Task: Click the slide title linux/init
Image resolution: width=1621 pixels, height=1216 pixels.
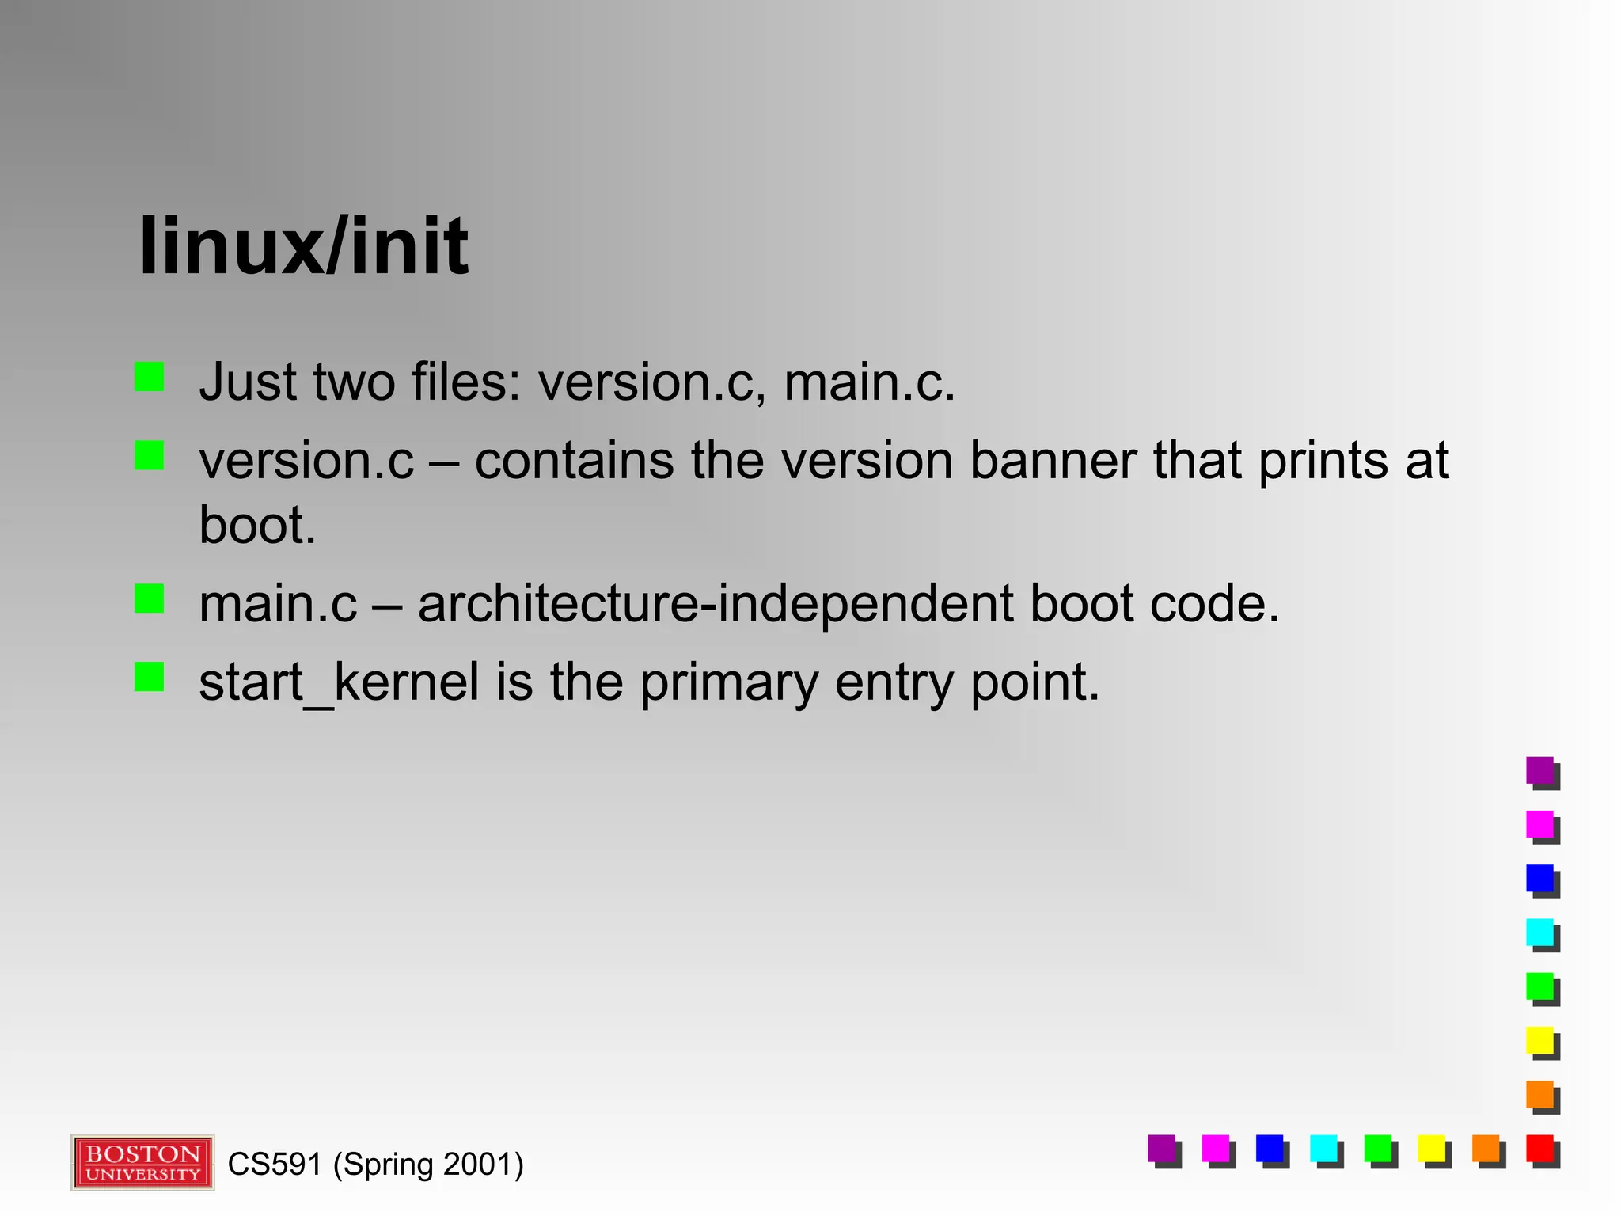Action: click(x=303, y=246)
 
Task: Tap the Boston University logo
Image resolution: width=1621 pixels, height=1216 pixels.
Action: click(x=142, y=1162)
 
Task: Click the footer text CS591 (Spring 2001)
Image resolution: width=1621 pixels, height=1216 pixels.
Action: click(x=375, y=1165)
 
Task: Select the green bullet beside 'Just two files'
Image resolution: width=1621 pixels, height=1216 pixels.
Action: click(x=149, y=377)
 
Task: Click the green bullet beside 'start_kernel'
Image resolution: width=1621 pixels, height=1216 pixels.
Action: click(x=149, y=677)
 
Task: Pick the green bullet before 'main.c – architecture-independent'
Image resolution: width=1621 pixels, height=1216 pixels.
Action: click(x=149, y=598)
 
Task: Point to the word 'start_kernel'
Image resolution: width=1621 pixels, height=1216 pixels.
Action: click(x=339, y=682)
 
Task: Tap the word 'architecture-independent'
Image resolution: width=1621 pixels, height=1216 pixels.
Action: click(x=715, y=603)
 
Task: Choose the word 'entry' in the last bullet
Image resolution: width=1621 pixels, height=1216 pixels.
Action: click(x=894, y=682)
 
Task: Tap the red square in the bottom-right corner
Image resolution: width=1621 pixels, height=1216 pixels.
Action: click(x=1540, y=1149)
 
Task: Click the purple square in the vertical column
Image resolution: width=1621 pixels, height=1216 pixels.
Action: click(x=1540, y=770)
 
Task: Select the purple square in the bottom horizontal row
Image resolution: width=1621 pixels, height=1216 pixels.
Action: click(x=1162, y=1149)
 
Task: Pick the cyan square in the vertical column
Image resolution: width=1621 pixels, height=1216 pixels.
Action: click(x=1540, y=933)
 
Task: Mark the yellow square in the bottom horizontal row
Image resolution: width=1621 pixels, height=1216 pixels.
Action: click(x=1432, y=1149)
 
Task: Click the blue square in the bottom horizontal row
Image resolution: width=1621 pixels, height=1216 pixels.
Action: click(x=1270, y=1149)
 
